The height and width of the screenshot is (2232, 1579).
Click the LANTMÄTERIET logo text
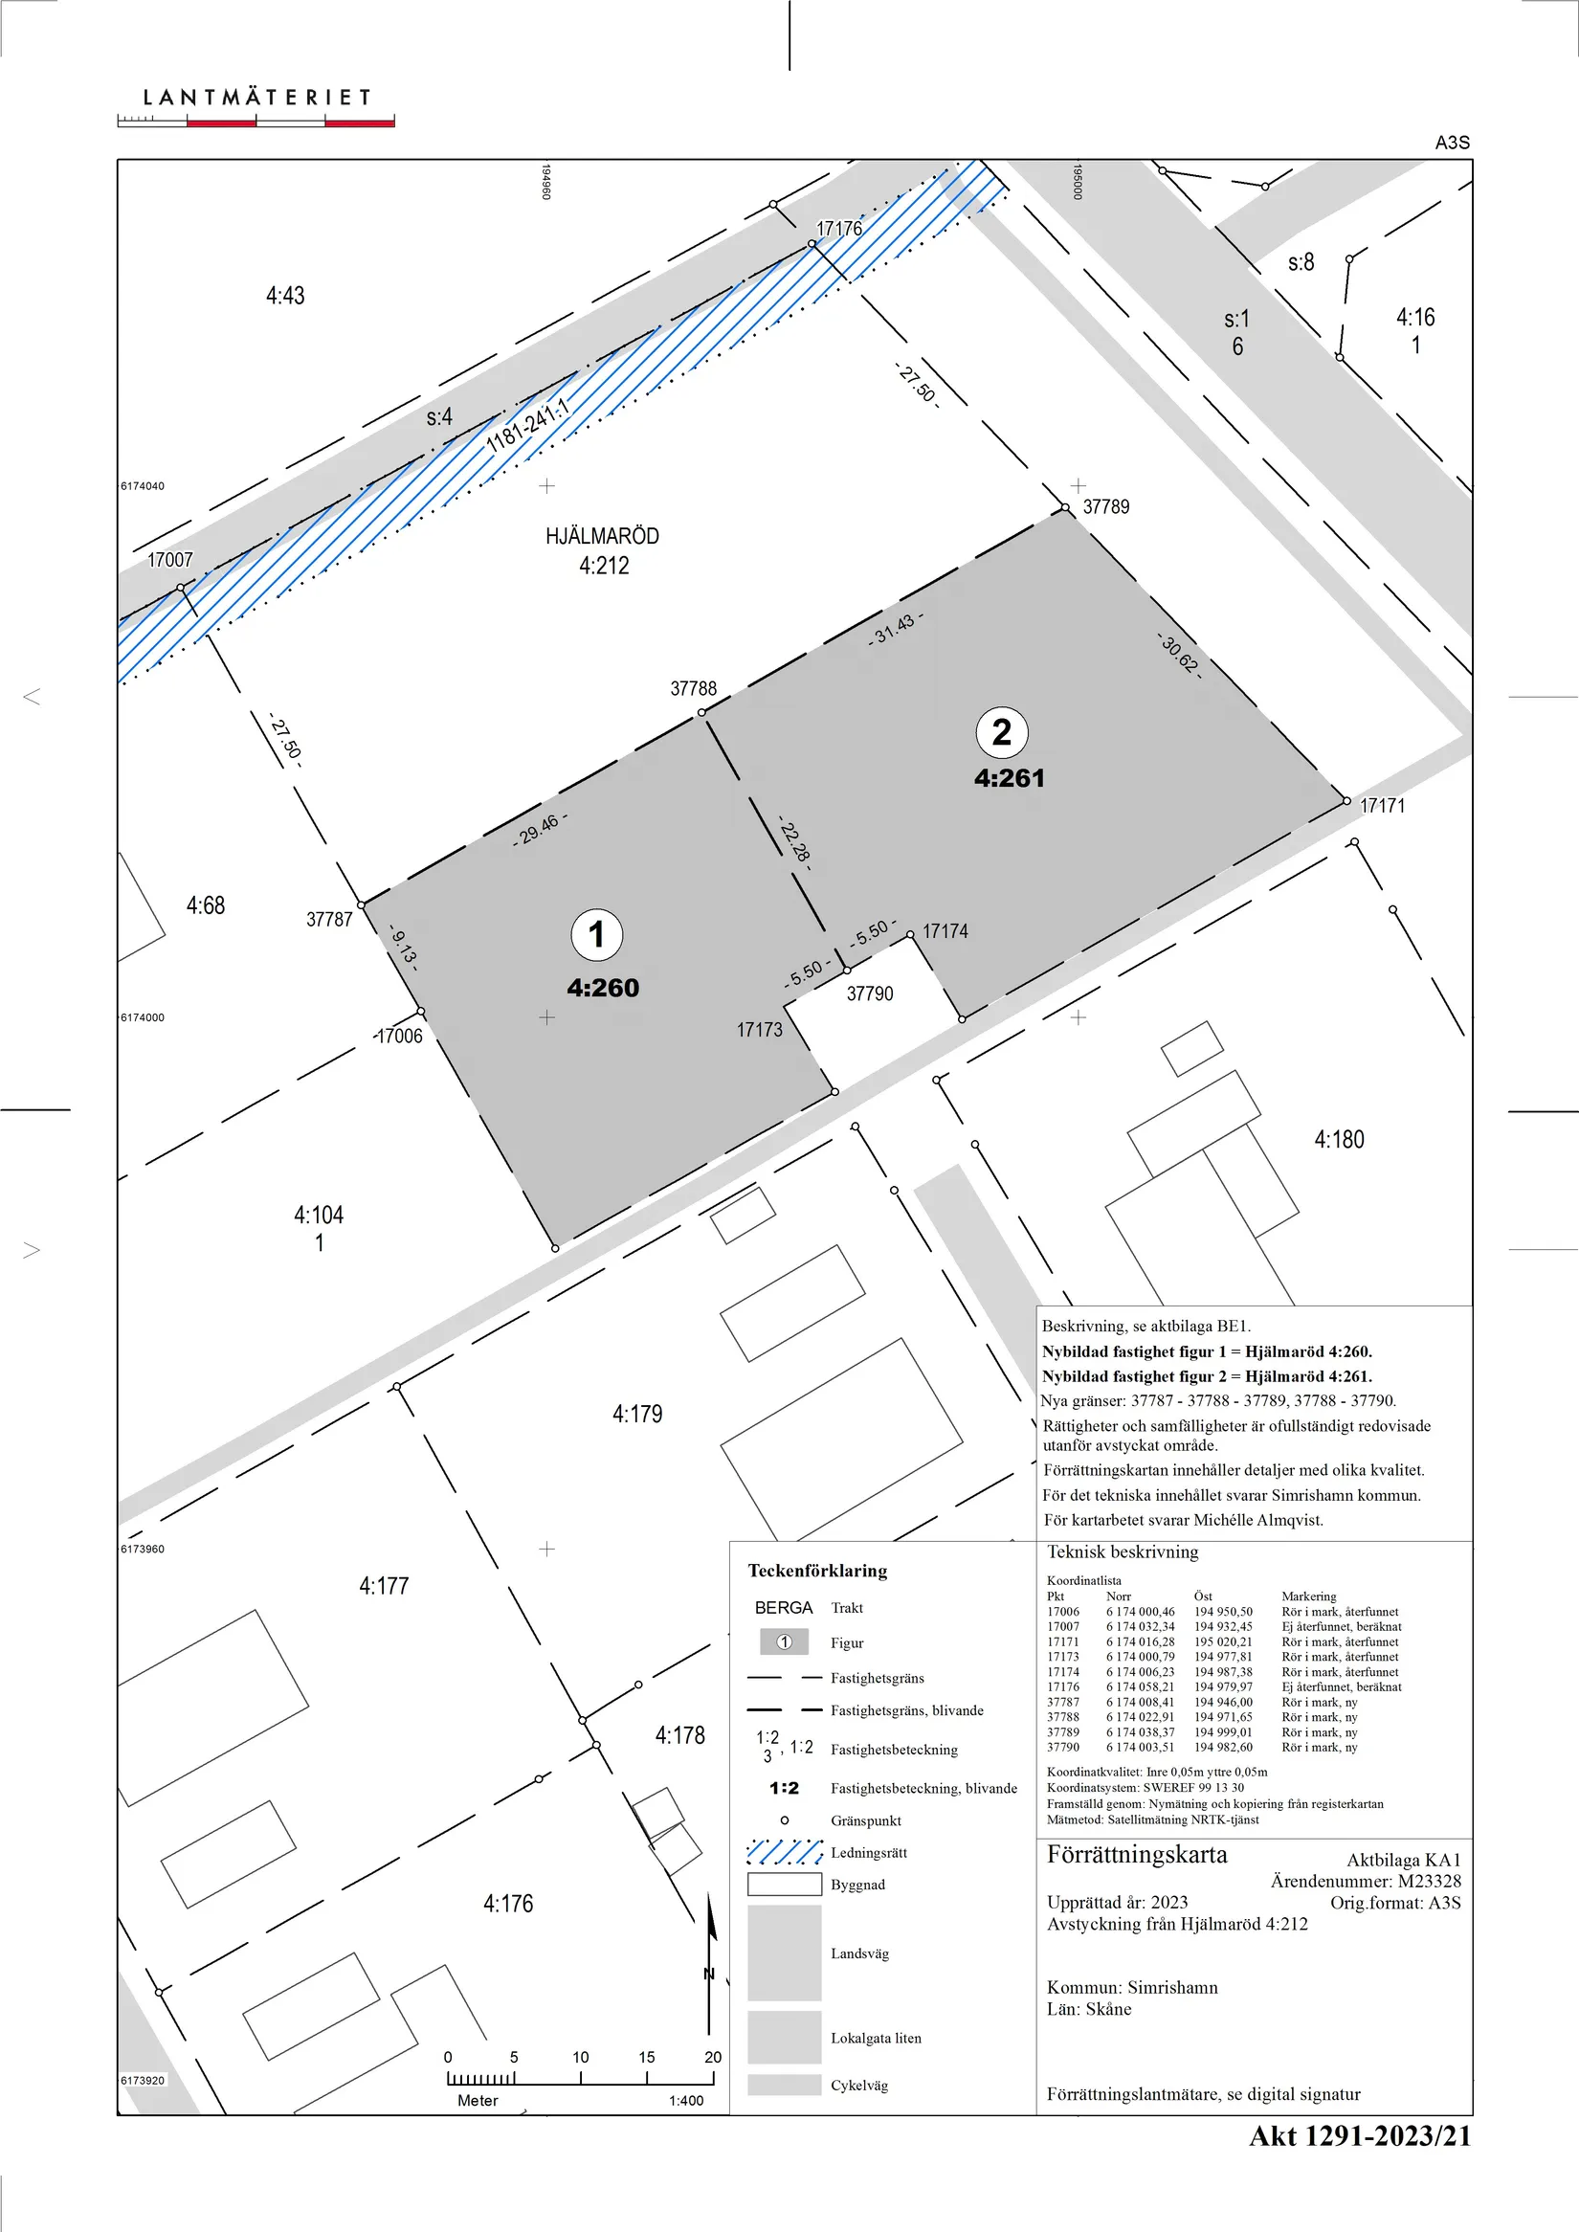coord(256,98)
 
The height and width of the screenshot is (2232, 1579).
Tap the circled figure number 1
coord(597,933)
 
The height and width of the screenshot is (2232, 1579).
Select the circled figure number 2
coord(1001,732)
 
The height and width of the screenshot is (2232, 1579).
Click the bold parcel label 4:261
coord(1010,778)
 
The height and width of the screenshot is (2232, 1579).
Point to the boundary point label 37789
coord(1106,506)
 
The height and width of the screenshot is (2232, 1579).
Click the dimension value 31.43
coord(896,628)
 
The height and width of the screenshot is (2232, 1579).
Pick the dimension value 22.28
coord(794,841)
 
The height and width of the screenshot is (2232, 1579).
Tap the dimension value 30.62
coord(1179,656)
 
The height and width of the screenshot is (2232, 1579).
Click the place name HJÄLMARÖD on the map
coord(602,536)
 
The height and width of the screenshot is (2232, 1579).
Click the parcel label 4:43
coord(285,296)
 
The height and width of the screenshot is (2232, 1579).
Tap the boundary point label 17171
coord(1382,805)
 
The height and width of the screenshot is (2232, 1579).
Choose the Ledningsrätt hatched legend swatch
coord(785,1852)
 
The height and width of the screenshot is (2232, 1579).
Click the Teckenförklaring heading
coord(817,1571)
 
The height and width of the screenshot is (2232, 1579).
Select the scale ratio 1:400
coord(685,2100)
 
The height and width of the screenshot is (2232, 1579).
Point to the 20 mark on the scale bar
coord(713,2057)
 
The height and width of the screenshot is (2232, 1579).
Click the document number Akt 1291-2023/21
coord(1359,2135)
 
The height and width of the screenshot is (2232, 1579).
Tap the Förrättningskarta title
coord(1137,1855)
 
